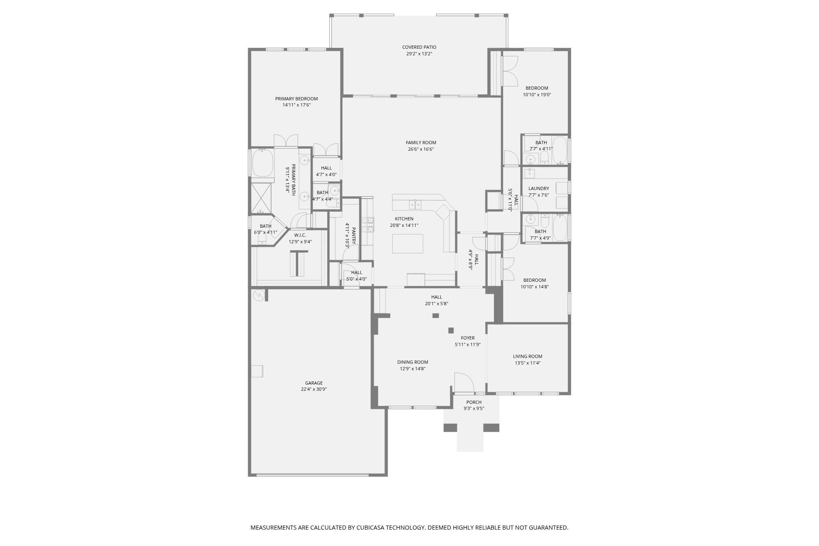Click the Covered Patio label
tap(419, 47)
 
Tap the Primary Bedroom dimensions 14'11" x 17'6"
tap(296, 105)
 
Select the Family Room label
tap(421, 143)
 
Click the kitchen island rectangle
tap(407, 244)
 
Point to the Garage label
tap(314, 383)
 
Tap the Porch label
tap(474, 402)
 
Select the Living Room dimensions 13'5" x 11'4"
tap(527, 363)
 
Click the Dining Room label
tap(412, 362)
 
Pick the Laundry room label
tap(538, 189)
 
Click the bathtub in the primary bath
tap(262, 163)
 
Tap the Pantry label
tap(353, 236)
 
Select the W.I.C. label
tap(300, 235)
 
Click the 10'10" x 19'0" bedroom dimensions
tap(536, 95)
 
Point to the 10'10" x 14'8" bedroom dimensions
tap(534, 287)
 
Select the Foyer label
tap(468, 338)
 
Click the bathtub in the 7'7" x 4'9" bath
tap(560, 228)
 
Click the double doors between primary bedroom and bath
tap(286, 141)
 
